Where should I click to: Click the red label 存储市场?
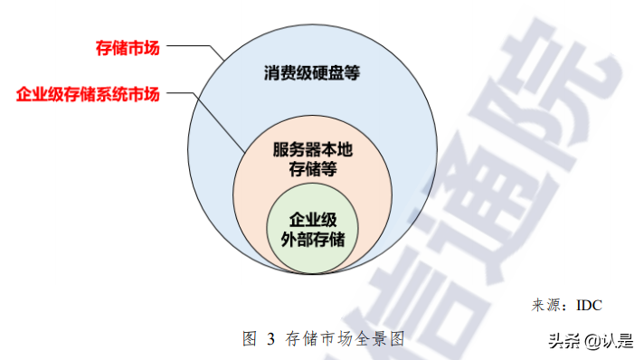click(128, 47)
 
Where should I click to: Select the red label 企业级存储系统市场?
click(88, 93)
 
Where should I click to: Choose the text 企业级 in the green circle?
click(312, 220)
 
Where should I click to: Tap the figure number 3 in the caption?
click(270, 339)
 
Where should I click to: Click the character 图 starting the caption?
click(251, 339)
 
